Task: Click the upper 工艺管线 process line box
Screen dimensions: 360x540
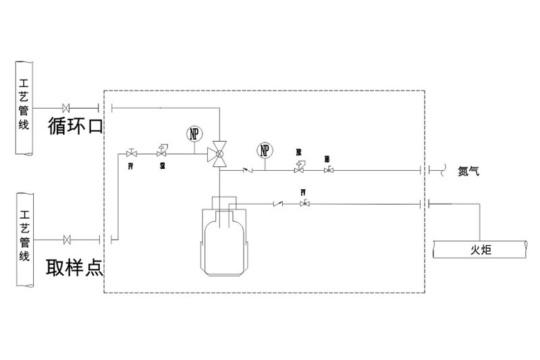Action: pyautogui.click(x=24, y=107)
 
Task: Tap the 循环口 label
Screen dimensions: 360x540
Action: pyautogui.click(x=74, y=126)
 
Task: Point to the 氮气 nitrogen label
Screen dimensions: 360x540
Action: pyautogui.click(x=468, y=171)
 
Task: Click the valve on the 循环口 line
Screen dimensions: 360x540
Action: pyautogui.click(x=67, y=108)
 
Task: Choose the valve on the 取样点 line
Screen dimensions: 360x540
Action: pyautogui.click(x=67, y=239)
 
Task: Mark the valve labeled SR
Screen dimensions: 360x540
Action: pyautogui.click(x=163, y=151)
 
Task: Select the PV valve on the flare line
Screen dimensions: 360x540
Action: pyautogui.click(x=304, y=203)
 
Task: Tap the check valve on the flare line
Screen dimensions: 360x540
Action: pyautogui.click(x=277, y=203)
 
